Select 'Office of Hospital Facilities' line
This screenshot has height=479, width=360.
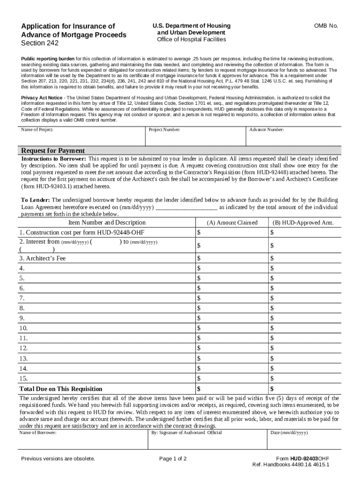pos(191,40)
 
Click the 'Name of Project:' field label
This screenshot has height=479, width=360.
pos(37,130)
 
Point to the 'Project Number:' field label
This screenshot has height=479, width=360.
pos(164,130)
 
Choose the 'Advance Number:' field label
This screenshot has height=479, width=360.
pos(266,130)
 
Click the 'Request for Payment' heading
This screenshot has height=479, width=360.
pos(53,151)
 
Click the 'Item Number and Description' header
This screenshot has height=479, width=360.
pos(107,223)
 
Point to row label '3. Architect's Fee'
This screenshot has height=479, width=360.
pos(42,258)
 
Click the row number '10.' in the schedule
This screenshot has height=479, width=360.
pos(23,328)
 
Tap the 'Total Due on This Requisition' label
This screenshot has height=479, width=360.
pos(61,389)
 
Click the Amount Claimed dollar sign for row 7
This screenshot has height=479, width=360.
pos(199,298)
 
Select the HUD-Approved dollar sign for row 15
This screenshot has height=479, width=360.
pos(272,378)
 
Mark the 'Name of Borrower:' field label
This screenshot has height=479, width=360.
pos(38,433)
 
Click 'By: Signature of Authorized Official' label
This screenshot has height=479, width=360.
pos(187,433)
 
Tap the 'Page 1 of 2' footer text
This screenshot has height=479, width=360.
pos(173,458)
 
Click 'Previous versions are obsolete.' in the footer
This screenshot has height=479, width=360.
pos(58,458)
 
